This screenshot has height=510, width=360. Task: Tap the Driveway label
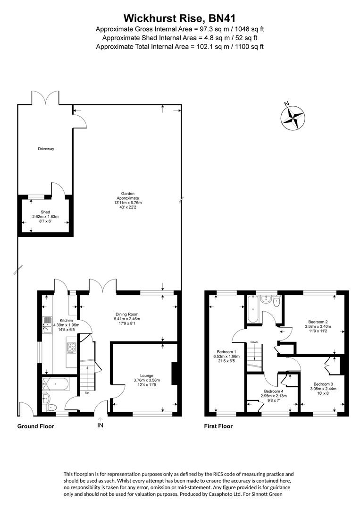point(46,149)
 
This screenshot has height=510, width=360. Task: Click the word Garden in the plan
point(127,193)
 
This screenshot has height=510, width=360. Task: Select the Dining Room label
point(127,314)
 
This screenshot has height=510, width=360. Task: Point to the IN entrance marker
point(100,425)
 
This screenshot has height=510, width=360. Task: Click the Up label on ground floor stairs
point(87,392)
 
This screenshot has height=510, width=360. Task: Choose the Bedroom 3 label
point(323,383)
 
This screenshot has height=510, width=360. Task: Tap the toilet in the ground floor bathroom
point(51,407)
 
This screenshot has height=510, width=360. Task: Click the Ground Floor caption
point(36,426)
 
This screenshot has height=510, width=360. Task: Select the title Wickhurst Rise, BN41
point(179,18)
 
